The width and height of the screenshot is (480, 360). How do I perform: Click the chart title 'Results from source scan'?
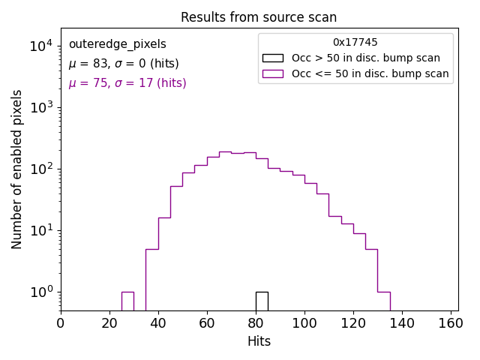[259, 17]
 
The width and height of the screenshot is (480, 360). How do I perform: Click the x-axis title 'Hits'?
[259, 341]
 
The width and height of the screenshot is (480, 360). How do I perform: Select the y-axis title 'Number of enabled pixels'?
[17, 169]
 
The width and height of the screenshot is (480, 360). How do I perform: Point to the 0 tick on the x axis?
[61, 323]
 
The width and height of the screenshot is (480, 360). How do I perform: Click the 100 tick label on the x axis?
[304, 323]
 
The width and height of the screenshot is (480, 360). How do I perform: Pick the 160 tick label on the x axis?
[451, 323]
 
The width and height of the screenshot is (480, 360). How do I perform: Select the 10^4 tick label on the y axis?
[40, 46]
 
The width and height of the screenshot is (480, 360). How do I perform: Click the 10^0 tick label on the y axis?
[40, 292]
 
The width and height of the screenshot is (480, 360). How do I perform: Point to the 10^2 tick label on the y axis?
[40, 169]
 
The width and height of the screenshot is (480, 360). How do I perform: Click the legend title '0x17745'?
[355, 43]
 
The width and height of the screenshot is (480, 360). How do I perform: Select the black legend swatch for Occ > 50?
[272, 58]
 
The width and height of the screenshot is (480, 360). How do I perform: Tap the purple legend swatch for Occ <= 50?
[272, 73]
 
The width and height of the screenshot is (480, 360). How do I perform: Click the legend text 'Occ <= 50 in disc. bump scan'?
[370, 73]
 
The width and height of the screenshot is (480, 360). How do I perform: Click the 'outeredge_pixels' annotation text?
[117, 44]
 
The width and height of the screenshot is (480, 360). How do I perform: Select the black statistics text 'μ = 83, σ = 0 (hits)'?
[124, 64]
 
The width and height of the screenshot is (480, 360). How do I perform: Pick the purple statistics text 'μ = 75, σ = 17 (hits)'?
[127, 83]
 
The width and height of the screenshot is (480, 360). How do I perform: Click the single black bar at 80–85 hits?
[262, 300]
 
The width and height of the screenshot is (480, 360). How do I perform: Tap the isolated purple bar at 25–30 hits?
[127, 300]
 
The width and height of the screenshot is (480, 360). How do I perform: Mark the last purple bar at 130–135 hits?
[383, 300]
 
